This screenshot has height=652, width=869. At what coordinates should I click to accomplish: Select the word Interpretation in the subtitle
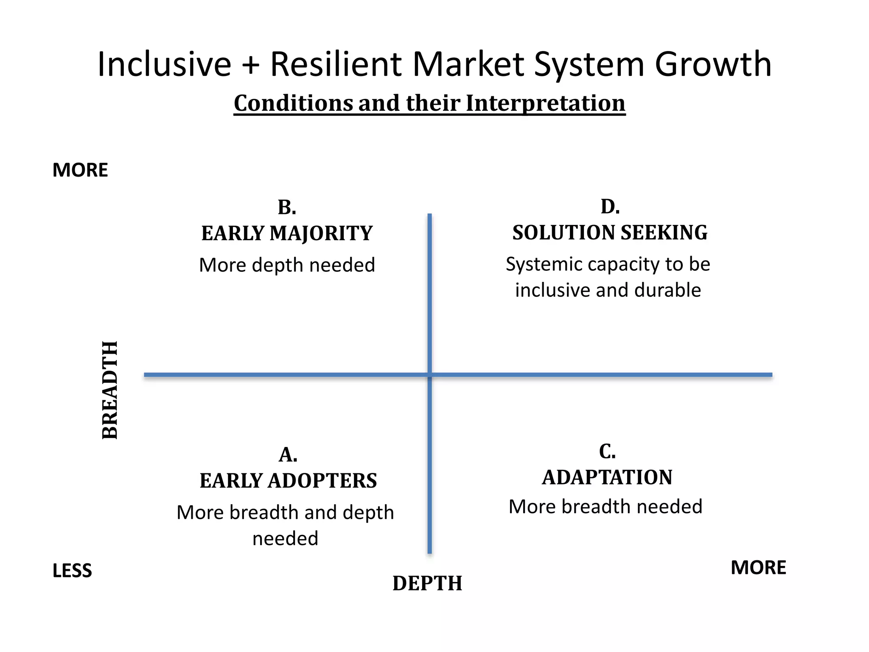(545, 103)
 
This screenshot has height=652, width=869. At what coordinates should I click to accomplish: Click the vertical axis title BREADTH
(110, 390)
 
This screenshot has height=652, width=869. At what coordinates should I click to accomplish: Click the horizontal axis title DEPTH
(427, 583)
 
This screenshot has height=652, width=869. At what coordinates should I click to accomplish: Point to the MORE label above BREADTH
(80, 170)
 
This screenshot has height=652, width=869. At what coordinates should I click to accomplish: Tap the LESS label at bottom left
(72, 571)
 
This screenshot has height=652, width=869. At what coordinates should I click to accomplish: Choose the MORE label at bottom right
(758, 568)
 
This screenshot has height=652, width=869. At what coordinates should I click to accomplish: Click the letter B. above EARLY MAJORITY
(287, 208)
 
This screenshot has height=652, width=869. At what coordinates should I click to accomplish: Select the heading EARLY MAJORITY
(287, 233)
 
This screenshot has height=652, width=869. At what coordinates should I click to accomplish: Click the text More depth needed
(287, 265)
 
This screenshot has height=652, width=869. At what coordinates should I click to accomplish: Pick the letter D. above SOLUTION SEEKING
(610, 207)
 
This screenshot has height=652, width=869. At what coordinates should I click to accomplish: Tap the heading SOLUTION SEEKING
(610, 233)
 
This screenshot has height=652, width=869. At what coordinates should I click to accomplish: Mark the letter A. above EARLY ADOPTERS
(288, 455)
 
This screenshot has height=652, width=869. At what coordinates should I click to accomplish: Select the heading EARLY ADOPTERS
(288, 481)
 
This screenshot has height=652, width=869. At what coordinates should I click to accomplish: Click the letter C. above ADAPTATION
(607, 451)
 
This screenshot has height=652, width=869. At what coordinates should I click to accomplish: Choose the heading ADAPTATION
(607, 478)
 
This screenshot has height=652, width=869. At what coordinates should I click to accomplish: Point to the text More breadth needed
(605, 507)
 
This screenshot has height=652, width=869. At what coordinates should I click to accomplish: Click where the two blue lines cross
(429, 375)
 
